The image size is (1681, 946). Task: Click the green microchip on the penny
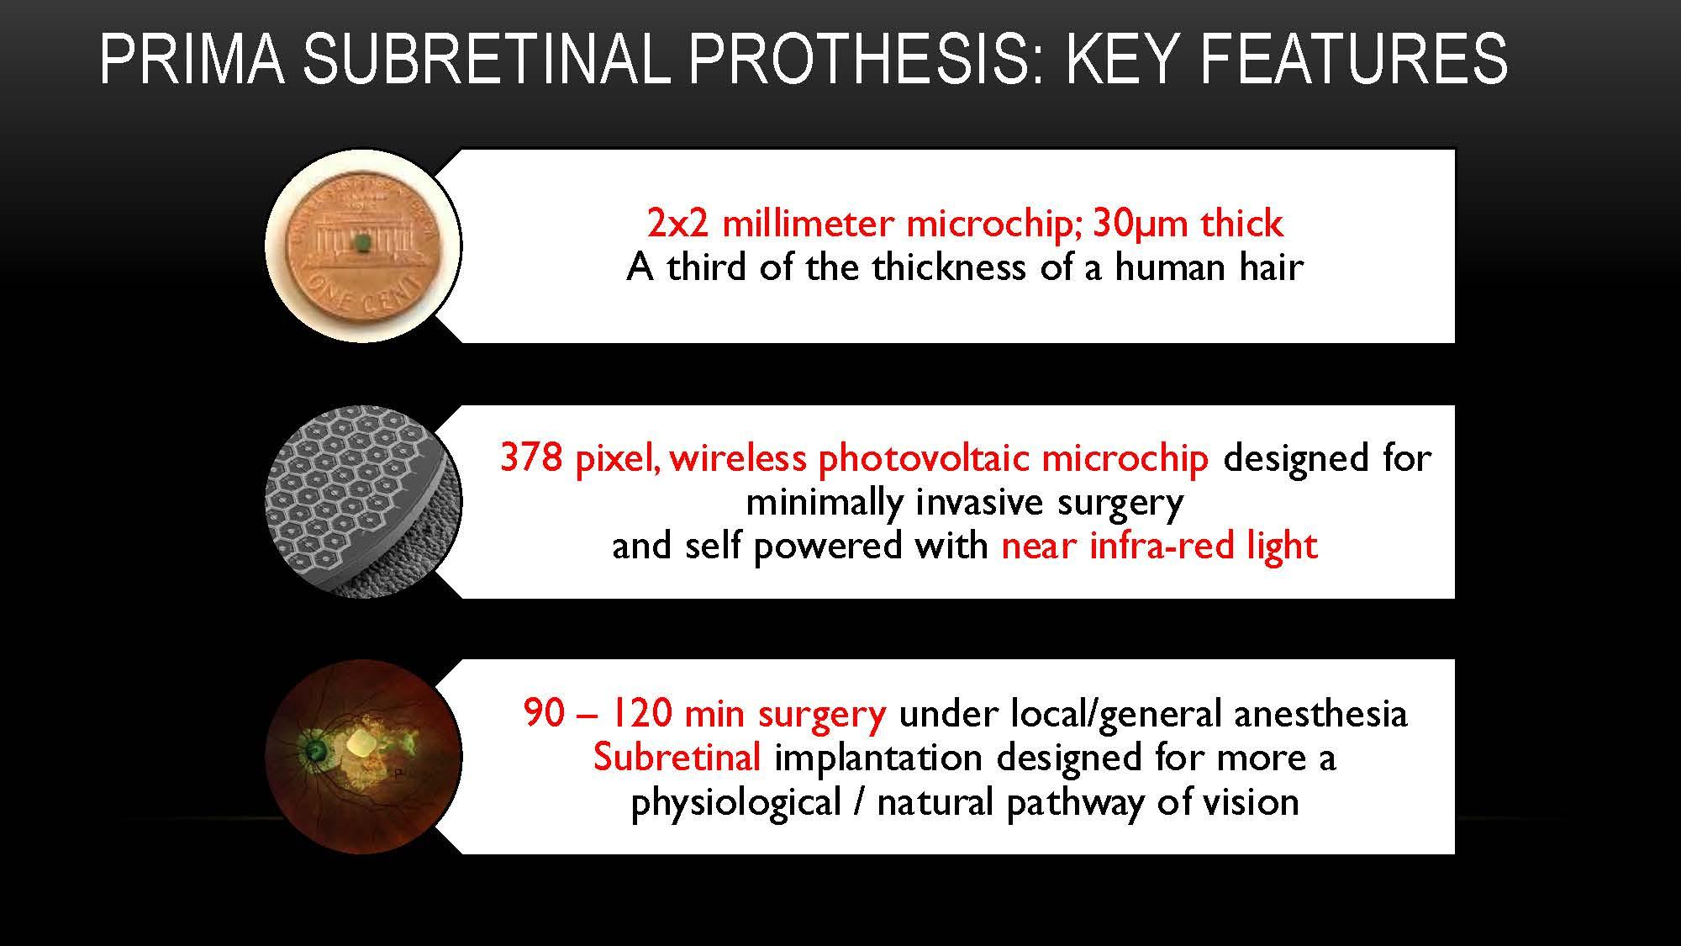tap(363, 243)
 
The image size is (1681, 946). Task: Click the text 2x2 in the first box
tap(677, 224)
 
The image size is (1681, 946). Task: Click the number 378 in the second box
tap(530, 458)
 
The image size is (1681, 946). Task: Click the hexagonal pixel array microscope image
tap(363, 501)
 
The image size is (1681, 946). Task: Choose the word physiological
tap(735, 803)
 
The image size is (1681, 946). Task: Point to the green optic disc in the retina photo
tap(316, 748)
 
